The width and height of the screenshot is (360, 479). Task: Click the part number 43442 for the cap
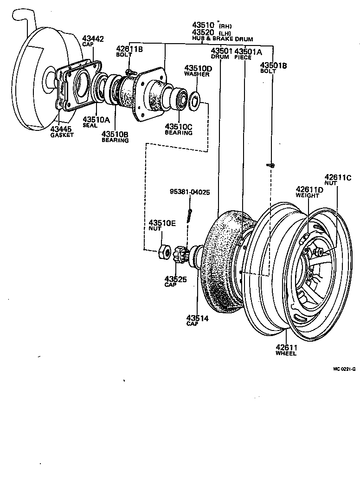tap(93, 39)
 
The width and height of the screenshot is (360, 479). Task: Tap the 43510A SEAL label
tap(96, 122)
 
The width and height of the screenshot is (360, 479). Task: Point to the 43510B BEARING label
tap(115, 137)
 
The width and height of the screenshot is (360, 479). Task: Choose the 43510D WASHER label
tap(197, 71)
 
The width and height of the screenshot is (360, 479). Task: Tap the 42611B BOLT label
tap(129, 51)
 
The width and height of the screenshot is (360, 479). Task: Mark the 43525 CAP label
tap(175, 282)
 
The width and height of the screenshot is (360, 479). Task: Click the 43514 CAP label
tap(197, 320)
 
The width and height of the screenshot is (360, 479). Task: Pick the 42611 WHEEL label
tap(286, 350)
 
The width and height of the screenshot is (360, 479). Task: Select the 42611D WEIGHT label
tap(310, 192)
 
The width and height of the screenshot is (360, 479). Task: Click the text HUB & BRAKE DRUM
tap(223, 39)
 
